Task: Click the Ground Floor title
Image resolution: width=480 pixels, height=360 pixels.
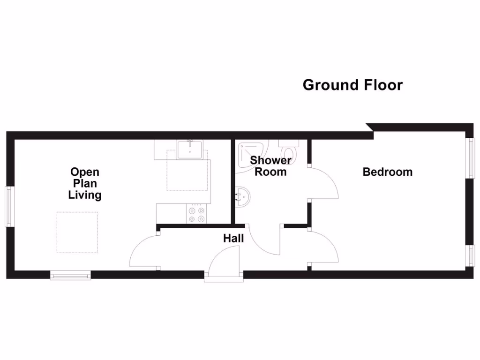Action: pyautogui.click(x=352, y=85)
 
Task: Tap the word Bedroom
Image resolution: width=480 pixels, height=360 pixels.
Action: pyautogui.click(x=388, y=172)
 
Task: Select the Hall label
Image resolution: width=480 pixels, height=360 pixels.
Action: pyautogui.click(x=233, y=239)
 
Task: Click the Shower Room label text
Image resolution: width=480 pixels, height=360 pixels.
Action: pyautogui.click(x=270, y=166)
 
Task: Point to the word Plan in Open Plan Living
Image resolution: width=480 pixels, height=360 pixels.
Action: pyautogui.click(x=85, y=183)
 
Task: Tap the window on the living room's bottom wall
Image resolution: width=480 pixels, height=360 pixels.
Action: pyautogui.click(x=70, y=276)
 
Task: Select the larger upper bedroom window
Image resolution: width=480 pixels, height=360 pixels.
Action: pyautogui.click(x=469, y=157)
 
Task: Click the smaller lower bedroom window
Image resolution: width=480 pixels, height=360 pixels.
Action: pyautogui.click(x=469, y=255)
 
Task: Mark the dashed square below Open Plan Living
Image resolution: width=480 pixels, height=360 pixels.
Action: pyautogui.click(x=78, y=232)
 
